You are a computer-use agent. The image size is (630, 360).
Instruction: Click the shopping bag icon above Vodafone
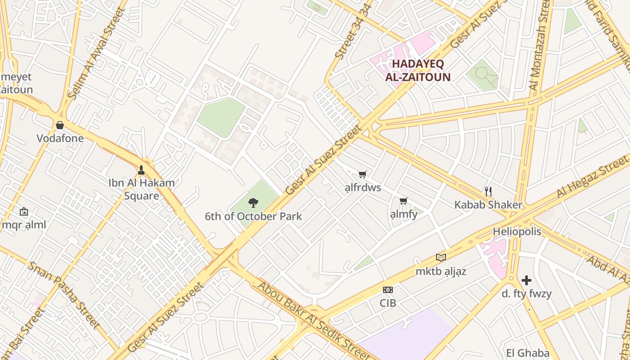click(60, 125)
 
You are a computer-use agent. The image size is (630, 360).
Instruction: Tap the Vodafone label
click(60, 138)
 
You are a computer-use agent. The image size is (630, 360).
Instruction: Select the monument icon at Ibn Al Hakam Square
click(141, 170)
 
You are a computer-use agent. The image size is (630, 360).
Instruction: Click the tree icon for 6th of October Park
click(253, 203)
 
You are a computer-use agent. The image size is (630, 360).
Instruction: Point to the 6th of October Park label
click(253, 216)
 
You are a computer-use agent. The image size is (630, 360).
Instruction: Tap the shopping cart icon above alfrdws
click(363, 174)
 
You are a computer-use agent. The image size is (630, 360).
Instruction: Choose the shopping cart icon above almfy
click(404, 201)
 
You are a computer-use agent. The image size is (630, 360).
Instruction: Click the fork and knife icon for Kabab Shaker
click(488, 191)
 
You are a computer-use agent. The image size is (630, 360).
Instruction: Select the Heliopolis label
click(517, 232)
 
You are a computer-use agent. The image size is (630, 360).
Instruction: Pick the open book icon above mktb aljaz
click(441, 258)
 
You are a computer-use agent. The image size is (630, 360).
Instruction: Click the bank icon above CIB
click(387, 290)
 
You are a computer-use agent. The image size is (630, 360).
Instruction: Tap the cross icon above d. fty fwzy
click(526, 281)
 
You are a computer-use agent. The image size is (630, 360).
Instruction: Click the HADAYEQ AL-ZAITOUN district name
click(418, 70)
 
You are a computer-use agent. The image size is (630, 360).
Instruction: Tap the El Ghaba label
click(527, 353)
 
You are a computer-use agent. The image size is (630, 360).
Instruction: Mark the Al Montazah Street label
click(540, 45)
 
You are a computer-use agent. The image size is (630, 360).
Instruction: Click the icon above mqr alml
click(23, 211)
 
